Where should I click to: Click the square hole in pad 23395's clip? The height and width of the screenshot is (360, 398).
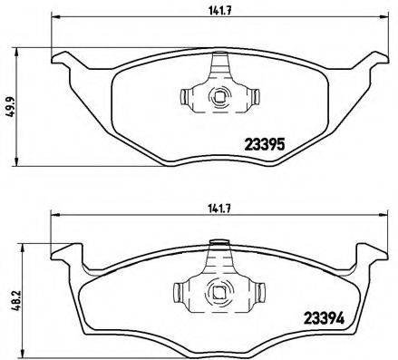point(218,94)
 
